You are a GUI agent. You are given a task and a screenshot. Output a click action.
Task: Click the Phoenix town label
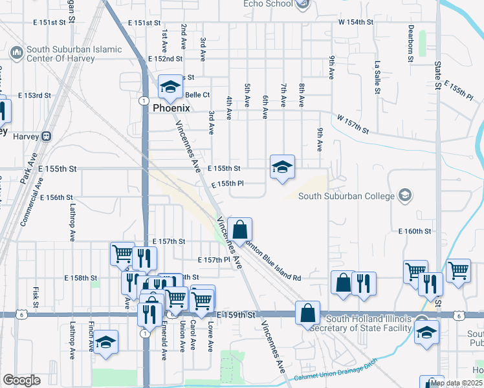(171, 109)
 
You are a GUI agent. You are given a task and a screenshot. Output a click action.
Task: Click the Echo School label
(268, 4)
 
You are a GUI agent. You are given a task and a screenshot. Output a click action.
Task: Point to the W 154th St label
(356, 22)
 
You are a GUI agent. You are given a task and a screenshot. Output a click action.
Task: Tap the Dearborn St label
(411, 44)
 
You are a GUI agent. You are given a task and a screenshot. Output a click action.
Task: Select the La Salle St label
(376, 78)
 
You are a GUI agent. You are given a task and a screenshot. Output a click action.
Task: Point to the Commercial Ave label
(31, 208)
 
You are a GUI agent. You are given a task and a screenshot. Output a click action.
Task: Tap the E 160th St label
(415, 231)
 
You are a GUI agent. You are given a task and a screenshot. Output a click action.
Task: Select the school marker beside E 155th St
(282, 167)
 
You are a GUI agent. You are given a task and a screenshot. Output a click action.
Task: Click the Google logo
(21, 380)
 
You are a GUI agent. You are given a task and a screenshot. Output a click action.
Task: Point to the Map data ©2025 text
(456, 383)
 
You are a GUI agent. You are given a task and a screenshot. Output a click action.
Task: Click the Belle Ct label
(197, 94)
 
